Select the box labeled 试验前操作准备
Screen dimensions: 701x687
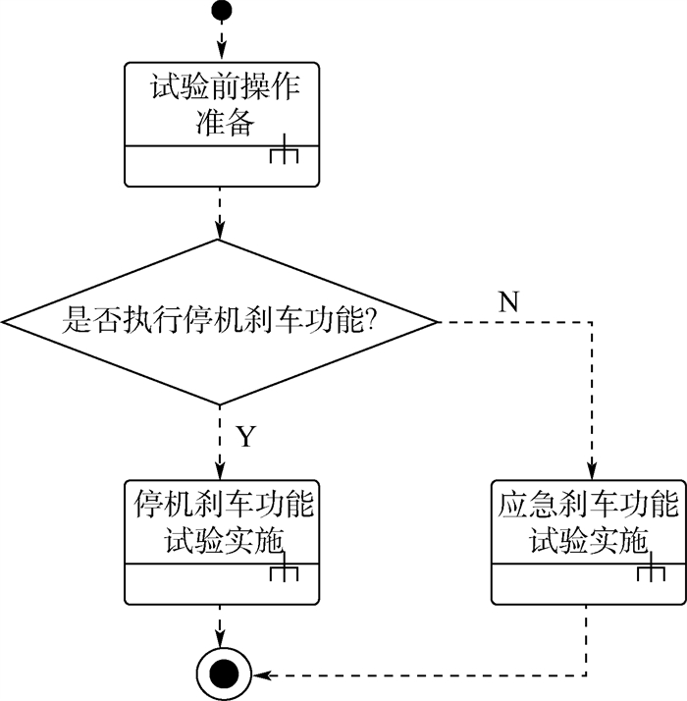(x=222, y=123)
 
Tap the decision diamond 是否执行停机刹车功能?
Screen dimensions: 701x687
(x=219, y=321)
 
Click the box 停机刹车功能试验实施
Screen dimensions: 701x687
(x=222, y=542)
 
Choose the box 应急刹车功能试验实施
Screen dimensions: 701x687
(x=589, y=542)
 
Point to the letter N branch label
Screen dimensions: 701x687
(x=508, y=302)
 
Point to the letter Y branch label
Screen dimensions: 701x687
(x=245, y=436)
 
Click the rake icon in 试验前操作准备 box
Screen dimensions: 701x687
(x=284, y=154)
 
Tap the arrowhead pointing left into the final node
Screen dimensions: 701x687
(x=259, y=674)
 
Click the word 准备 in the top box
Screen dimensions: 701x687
(x=222, y=124)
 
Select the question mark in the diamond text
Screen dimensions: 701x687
(x=373, y=321)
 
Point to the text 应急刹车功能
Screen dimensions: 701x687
(x=589, y=506)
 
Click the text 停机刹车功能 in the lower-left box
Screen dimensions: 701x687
(x=222, y=506)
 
